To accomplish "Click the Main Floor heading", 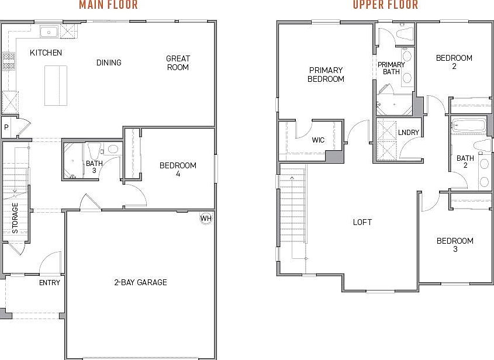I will (108, 5).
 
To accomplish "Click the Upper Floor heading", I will (385, 5).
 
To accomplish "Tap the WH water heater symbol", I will (205, 219).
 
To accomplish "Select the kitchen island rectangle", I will (56, 85).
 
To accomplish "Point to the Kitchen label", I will (46, 53).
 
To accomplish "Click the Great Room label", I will (178, 63).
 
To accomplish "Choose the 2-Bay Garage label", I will (140, 282).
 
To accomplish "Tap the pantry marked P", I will (6, 127).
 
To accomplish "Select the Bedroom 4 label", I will (178, 169).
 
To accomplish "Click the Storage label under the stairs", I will (15, 218).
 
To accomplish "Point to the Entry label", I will (50, 283).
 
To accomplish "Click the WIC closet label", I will (318, 140).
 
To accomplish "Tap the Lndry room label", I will (408, 133).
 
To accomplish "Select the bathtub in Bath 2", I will (468, 125).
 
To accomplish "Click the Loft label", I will (362, 222).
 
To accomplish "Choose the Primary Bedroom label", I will (326, 74).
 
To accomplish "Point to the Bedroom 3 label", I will (454, 245).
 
